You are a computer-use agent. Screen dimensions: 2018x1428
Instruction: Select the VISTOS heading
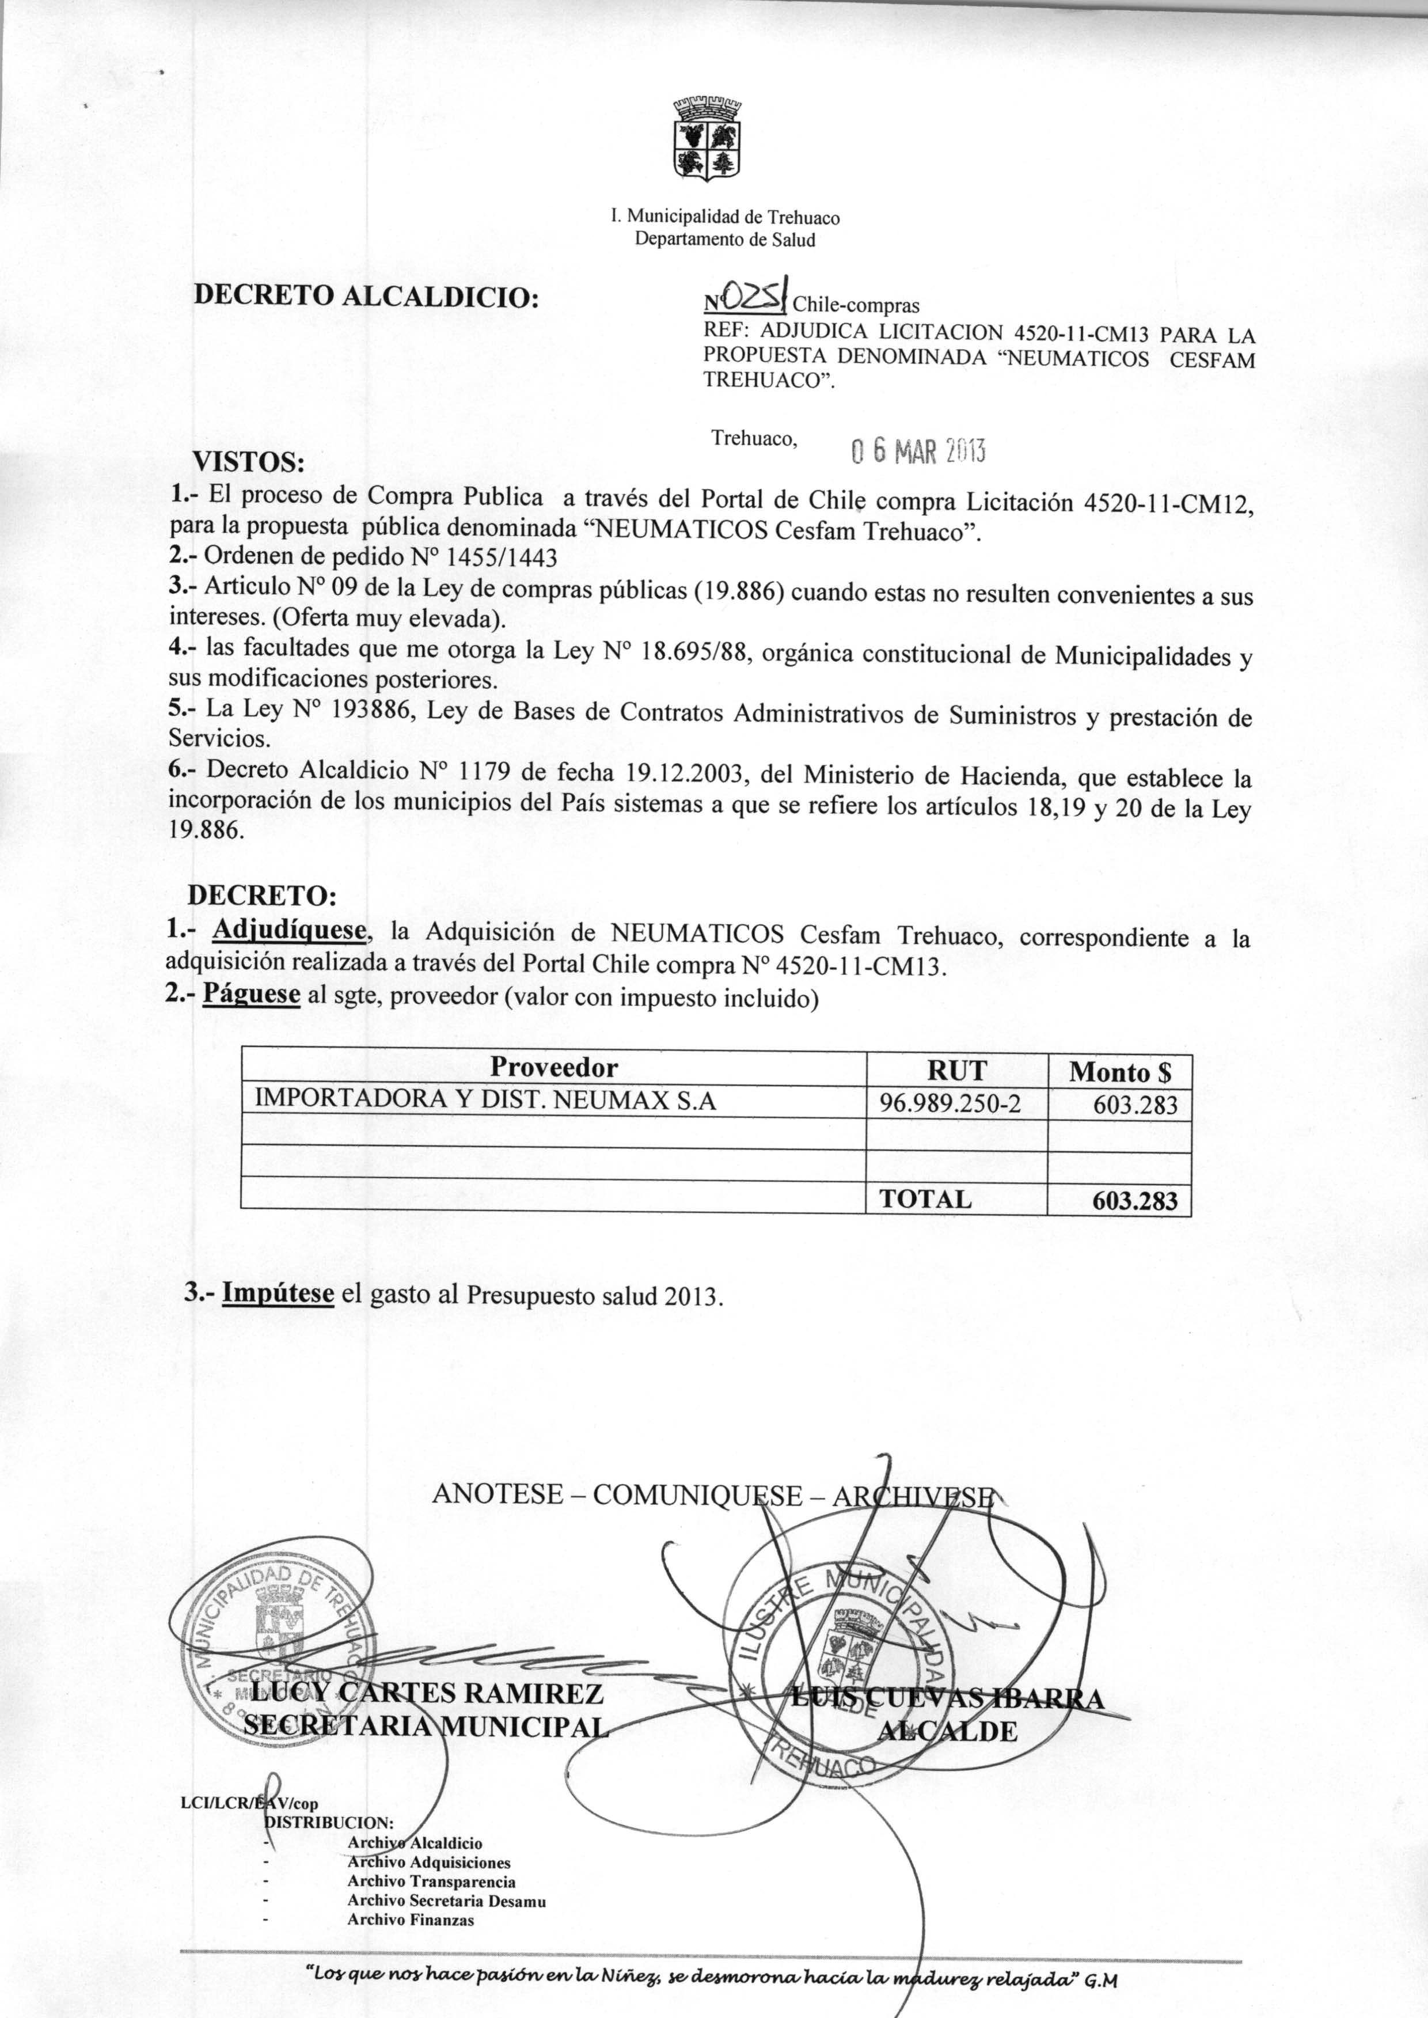(x=249, y=461)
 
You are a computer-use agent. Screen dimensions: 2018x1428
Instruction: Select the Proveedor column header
(x=553, y=1068)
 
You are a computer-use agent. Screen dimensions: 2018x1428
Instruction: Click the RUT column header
(x=956, y=1069)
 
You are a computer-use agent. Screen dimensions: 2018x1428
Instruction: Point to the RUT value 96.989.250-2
(x=956, y=1103)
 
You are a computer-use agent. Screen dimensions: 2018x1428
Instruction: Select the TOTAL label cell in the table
(x=926, y=1198)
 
